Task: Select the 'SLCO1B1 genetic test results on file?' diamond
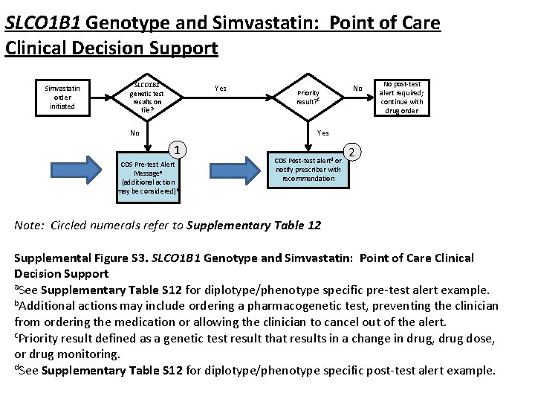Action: pyautogui.click(x=146, y=97)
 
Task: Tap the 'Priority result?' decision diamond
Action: pyautogui.click(x=308, y=98)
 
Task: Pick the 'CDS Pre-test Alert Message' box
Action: pyautogui.click(x=148, y=177)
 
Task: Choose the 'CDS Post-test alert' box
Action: pyautogui.click(x=308, y=169)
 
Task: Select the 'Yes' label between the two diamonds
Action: pyautogui.click(x=221, y=89)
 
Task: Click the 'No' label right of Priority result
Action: pyautogui.click(x=357, y=89)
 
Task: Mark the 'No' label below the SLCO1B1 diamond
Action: pyautogui.click(x=134, y=134)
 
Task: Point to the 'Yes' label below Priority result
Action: pyautogui.click(x=323, y=133)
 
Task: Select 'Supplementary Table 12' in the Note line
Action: pyautogui.click(x=254, y=226)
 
